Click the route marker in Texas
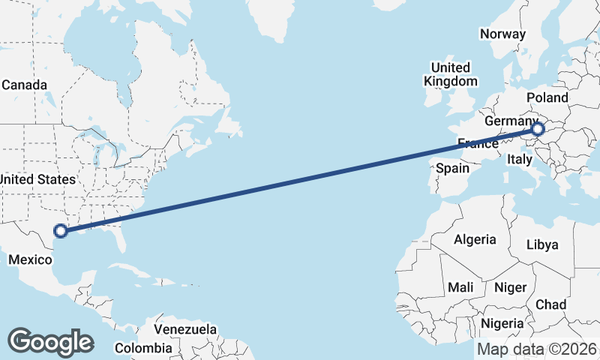click(x=61, y=232)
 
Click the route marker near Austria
click(x=537, y=129)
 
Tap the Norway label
click(x=502, y=34)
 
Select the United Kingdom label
click(x=450, y=74)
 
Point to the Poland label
click(x=547, y=97)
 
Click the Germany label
click(x=511, y=121)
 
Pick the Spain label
click(x=453, y=169)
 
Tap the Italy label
click(x=520, y=159)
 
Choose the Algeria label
click(x=474, y=239)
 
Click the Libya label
click(x=542, y=245)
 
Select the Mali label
click(x=460, y=287)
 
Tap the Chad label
click(x=550, y=304)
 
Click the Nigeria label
click(x=502, y=323)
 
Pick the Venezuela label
click(x=185, y=329)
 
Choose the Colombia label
click(x=143, y=348)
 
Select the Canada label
click(x=24, y=85)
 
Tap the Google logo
click(x=50, y=342)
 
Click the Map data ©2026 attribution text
click(x=537, y=349)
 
